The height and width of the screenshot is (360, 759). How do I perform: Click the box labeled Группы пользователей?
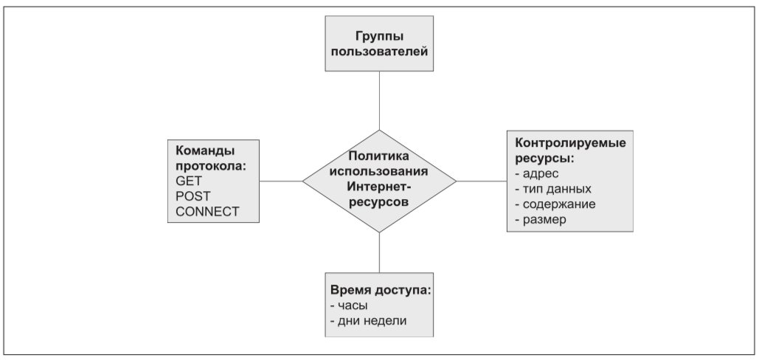[379, 44]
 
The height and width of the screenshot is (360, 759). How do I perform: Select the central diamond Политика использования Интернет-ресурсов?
[379, 181]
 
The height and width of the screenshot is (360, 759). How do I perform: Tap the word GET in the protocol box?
[189, 181]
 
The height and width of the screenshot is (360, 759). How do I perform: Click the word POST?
[193, 196]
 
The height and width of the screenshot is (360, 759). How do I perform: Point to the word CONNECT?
[207, 212]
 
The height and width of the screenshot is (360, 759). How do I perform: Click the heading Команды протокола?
[211, 158]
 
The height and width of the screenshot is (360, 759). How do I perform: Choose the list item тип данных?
[553, 189]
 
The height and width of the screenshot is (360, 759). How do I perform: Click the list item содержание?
[555, 204]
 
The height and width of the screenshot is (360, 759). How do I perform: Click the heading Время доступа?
[381, 291]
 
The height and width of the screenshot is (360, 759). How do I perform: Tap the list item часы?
[349, 306]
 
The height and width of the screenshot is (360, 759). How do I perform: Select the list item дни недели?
[368, 321]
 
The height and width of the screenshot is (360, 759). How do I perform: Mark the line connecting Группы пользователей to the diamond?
[379, 100]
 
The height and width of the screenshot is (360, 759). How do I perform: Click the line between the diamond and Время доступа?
[379, 252]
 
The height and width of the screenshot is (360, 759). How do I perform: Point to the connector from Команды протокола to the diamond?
[281, 181]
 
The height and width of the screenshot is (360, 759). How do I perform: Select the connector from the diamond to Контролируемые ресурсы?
[482, 181]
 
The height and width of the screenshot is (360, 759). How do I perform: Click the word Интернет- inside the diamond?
[379, 187]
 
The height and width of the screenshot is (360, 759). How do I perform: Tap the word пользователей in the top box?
[379, 52]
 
